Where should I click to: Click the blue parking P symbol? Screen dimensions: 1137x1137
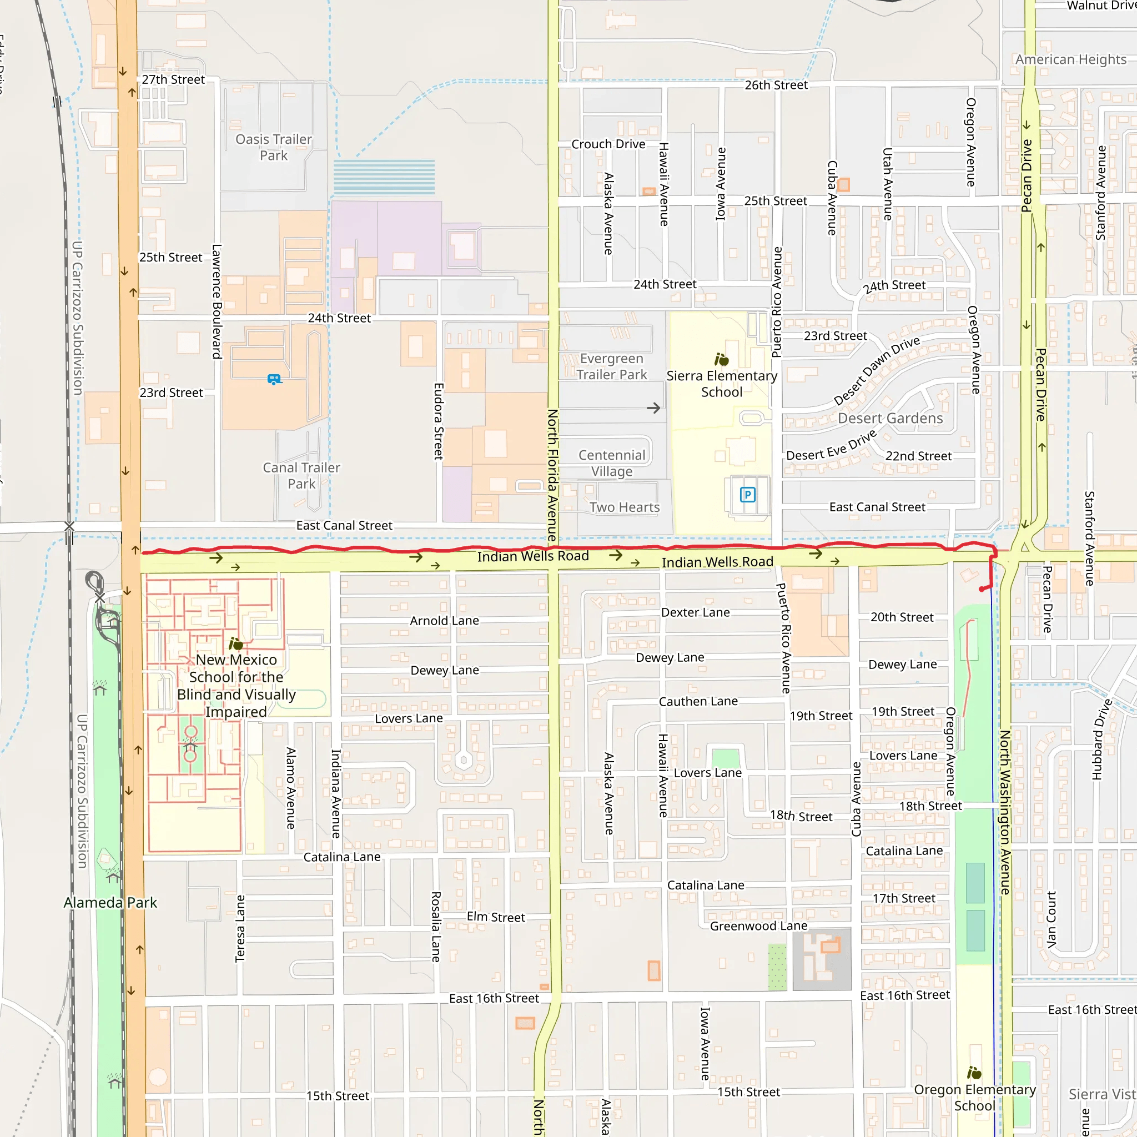[747, 495]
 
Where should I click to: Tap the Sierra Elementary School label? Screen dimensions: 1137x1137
[722, 384]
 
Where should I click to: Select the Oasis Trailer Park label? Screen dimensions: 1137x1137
[274, 147]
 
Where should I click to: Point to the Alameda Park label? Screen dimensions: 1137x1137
[110, 903]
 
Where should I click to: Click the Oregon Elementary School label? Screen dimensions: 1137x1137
[974, 1098]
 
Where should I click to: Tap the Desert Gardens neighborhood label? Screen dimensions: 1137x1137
[890, 419]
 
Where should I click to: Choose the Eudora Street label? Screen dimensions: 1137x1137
[439, 421]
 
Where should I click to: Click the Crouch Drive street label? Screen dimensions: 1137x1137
[608, 144]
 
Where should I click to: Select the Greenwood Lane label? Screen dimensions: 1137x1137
[758, 925]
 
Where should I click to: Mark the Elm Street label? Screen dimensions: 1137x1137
[496, 917]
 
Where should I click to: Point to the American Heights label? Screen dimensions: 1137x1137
[1070, 59]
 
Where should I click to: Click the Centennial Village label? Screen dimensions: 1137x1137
[612, 463]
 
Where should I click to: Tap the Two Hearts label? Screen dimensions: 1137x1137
[625, 507]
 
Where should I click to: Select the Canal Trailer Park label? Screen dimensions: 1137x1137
[301, 476]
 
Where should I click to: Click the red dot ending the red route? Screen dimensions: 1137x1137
[982, 589]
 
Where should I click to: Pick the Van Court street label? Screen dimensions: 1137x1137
[1052, 919]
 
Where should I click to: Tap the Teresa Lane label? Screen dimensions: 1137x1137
[240, 929]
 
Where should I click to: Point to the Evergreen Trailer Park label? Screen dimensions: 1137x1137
[611, 366]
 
